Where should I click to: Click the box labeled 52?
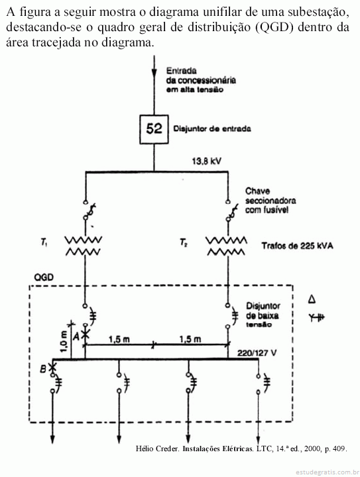[154, 129]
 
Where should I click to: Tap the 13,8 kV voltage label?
[207, 161]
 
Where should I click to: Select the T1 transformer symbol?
[84, 246]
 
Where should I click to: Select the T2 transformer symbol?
[226, 246]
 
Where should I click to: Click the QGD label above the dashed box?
[44, 278]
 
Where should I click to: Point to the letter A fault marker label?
[76, 336]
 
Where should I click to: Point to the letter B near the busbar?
[43, 369]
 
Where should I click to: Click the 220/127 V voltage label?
[257, 353]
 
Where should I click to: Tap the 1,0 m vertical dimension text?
[64, 341]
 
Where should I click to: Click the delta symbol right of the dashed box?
[312, 299]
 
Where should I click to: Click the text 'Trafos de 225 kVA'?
[297, 246]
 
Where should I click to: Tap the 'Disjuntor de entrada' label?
[212, 129]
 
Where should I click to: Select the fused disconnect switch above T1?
[89, 211]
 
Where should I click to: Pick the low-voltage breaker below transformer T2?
[233, 315]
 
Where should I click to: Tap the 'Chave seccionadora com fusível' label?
[270, 201]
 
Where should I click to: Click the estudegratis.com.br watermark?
[326, 472]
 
